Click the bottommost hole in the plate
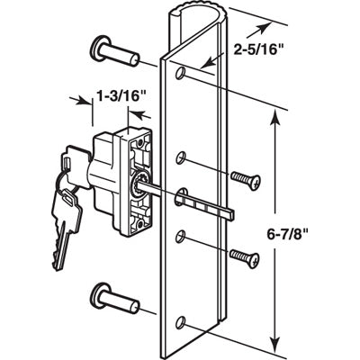[x=184, y=321]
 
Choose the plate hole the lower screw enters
[x=184, y=236]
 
